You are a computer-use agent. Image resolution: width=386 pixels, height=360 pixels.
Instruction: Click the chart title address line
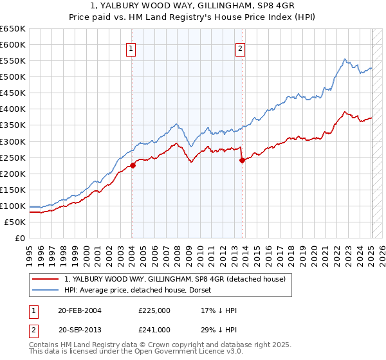click(193, 5)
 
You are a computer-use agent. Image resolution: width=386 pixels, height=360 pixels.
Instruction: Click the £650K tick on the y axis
click(13, 29)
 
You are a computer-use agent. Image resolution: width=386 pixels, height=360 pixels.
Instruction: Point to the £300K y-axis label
click(13, 141)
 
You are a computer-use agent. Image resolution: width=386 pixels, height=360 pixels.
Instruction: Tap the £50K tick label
click(15, 222)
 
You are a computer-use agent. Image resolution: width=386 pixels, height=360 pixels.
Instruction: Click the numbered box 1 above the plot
click(131, 48)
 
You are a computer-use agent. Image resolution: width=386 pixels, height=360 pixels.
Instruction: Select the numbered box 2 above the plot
click(241, 48)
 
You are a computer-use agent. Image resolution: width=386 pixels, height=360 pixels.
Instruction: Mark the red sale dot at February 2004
click(133, 165)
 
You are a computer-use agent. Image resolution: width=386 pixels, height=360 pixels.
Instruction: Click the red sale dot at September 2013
click(242, 160)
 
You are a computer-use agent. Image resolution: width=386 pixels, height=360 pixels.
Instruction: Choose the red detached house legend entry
click(179, 278)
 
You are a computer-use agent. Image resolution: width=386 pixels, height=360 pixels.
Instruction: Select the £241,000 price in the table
click(154, 328)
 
